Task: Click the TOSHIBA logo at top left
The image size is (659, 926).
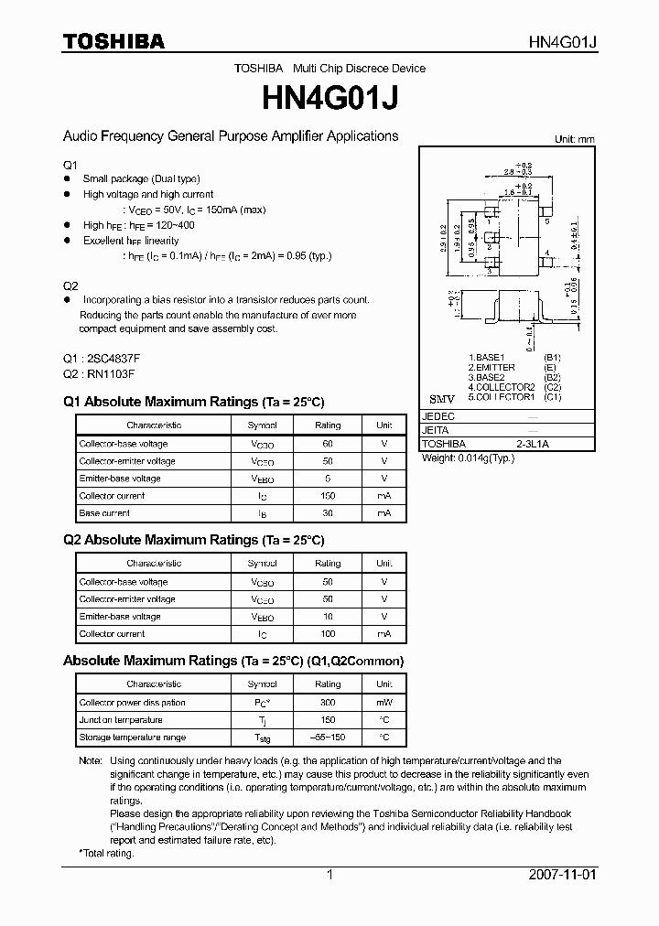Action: click(x=113, y=41)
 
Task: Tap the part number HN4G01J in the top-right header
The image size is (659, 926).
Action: click(x=563, y=42)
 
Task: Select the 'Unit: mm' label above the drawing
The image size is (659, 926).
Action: click(x=575, y=139)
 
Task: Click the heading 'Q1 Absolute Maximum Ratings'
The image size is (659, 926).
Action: click(x=193, y=402)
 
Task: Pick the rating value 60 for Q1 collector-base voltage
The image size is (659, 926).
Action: click(x=328, y=444)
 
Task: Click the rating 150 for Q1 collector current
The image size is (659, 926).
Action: click(x=328, y=496)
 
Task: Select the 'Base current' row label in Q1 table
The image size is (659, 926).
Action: click(x=104, y=513)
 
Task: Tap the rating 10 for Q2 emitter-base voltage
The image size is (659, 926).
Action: click(x=328, y=617)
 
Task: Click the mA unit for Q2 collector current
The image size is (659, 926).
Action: click(x=384, y=634)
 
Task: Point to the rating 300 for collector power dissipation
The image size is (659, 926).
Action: click(x=328, y=703)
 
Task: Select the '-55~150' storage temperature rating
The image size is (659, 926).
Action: click(x=328, y=738)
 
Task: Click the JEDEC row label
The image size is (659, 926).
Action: click(x=438, y=415)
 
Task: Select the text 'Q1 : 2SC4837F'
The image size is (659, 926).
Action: click(x=102, y=358)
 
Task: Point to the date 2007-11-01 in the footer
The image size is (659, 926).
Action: click(x=562, y=875)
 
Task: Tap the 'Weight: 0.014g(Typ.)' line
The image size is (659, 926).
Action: click(x=468, y=458)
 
